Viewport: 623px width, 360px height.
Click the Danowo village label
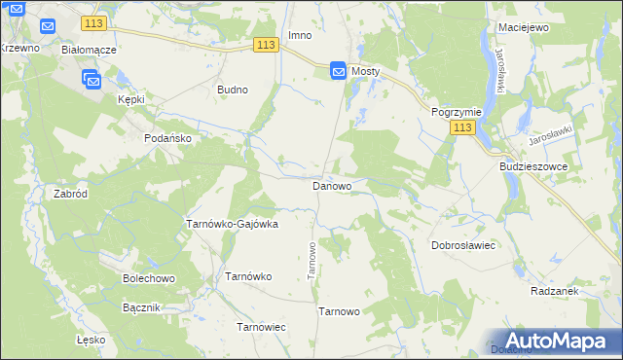pos(332,185)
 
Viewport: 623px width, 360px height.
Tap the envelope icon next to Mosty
pos(338,70)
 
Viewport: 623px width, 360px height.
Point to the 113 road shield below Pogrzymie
pos(462,127)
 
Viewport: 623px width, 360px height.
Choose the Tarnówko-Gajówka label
pos(232,224)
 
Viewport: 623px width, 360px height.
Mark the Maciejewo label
pos(523,27)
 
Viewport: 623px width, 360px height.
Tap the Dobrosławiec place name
pos(464,245)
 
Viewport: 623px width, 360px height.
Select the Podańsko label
pos(168,138)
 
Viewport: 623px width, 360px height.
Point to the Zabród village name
pos(71,194)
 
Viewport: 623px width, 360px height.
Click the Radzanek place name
pos(556,291)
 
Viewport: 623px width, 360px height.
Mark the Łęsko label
pos(91,341)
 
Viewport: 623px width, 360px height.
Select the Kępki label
pos(131,99)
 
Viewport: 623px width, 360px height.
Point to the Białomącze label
pos(89,49)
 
